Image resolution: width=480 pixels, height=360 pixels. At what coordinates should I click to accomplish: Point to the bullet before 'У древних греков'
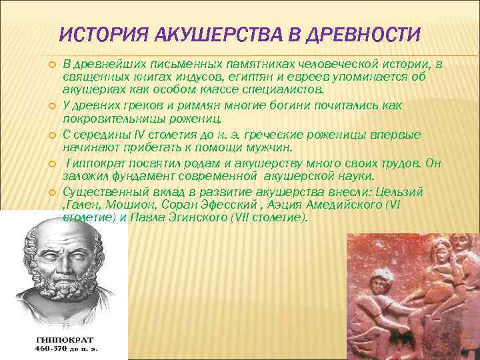pos(51,105)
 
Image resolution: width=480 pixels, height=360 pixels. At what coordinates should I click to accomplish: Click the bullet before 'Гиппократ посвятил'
pos(51,163)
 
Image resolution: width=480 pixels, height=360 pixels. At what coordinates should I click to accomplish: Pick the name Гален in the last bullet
pos(79,205)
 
